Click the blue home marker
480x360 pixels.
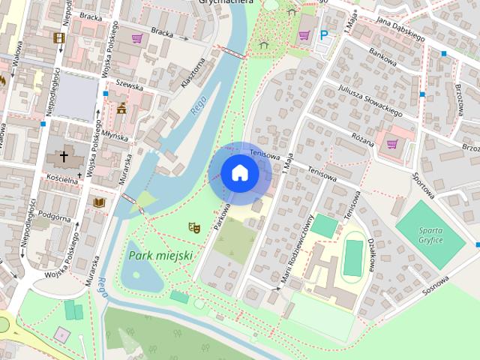click(x=240, y=172)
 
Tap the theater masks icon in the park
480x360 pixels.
click(x=193, y=226)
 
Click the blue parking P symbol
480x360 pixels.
click(x=324, y=34)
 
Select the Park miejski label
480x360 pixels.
click(x=160, y=256)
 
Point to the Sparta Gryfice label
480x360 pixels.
click(x=430, y=234)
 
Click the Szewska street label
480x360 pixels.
click(x=130, y=86)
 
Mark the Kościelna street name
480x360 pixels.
click(x=63, y=180)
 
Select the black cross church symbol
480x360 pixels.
click(x=64, y=157)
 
